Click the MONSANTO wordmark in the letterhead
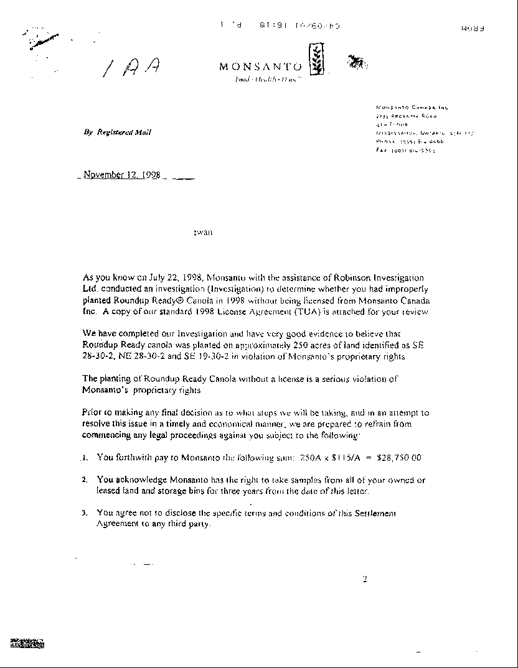pyautogui.click(x=260, y=67)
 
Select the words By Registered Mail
pyautogui.click(x=117, y=132)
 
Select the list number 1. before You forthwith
pyautogui.click(x=85, y=458)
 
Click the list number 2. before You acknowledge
pyautogui.click(x=85, y=480)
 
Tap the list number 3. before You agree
pyautogui.click(x=85, y=513)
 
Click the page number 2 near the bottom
pyautogui.click(x=365, y=580)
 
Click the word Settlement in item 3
pyautogui.click(x=373, y=513)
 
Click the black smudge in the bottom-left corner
pyautogui.click(x=26, y=643)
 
